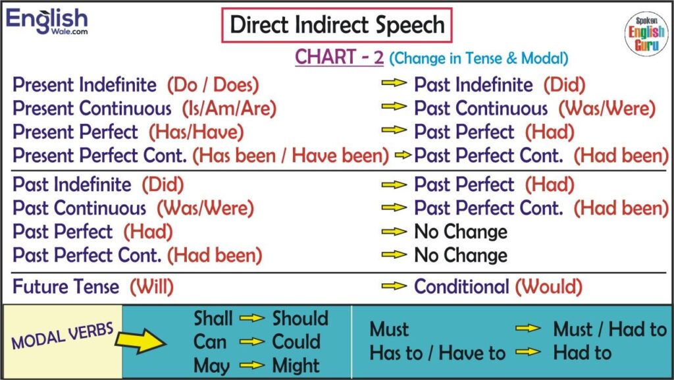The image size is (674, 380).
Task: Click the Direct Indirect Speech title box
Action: click(336, 26)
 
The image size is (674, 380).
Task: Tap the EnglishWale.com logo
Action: click(47, 22)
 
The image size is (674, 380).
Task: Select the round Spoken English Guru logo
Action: click(646, 34)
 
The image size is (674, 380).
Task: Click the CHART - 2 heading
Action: click(339, 57)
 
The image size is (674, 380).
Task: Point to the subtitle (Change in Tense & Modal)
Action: click(479, 58)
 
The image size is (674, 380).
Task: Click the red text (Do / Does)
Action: click(213, 85)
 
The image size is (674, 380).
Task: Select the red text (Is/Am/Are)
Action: click(229, 109)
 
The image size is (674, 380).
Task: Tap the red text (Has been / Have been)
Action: click(290, 155)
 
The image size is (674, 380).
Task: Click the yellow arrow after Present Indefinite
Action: click(394, 82)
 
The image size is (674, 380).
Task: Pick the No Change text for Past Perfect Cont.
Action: click(461, 256)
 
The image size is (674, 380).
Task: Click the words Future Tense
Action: click(66, 286)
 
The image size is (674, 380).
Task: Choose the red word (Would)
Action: click(549, 286)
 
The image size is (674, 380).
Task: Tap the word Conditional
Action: click(461, 286)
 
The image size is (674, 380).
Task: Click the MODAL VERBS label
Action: click(63, 336)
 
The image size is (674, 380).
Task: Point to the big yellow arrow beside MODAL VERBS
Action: click(141, 341)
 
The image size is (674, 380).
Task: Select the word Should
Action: click(300, 319)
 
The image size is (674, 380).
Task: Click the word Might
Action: click(296, 366)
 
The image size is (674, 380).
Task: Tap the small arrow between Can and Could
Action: click(252, 342)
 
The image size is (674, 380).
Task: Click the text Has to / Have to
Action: click(438, 354)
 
